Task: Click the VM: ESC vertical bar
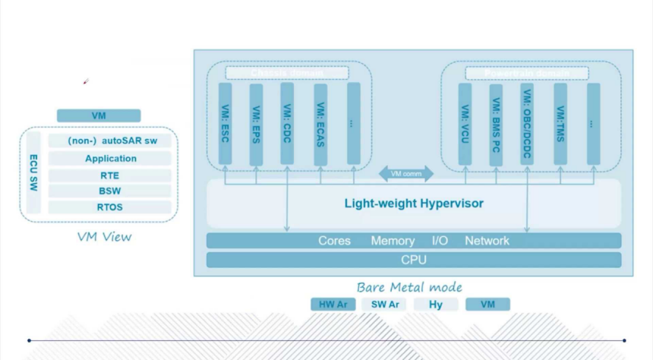pos(226,122)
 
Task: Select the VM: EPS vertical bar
pos(256,122)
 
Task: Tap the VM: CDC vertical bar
pos(287,122)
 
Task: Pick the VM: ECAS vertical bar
pos(321,122)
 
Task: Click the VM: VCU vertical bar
pos(465,122)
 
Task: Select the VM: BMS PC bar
pos(496,122)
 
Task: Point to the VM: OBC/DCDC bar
pos(527,122)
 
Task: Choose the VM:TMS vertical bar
pos(560,122)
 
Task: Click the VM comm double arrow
pos(406,173)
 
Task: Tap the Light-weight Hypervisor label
pos(414,204)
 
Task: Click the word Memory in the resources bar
pos(393,241)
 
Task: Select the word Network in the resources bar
pos(487,241)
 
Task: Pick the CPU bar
pos(414,260)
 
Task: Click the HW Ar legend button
pos(333,305)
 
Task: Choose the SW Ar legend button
pos(385,305)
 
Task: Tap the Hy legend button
pos(436,305)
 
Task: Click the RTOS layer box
pos(110,207)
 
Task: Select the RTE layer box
pos(110,175)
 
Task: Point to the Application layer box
pos(110,159)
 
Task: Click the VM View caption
pos(104,237)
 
